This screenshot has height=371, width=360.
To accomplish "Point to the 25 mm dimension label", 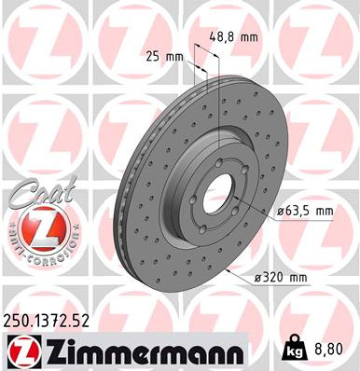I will click(x=164, y=57).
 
